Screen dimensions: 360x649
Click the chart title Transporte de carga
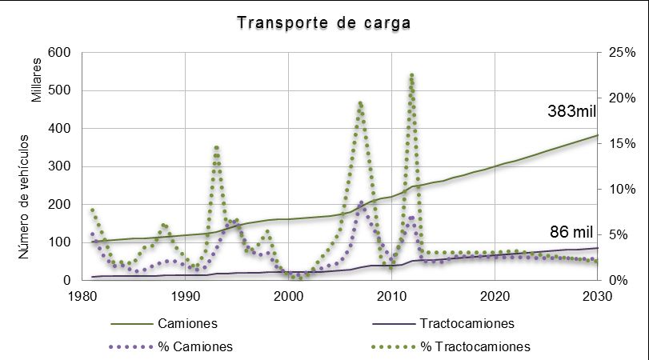pyautogui.click(x=324, y=22)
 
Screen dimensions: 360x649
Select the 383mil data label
pyautogui.click(x=572, y=111)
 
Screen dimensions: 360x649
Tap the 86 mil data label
pyautogui.click(x=571, y=233)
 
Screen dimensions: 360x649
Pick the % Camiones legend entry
pyautogui.click(x=194, y=346)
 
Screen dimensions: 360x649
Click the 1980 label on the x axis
pyautogui.click(x=82, y=295)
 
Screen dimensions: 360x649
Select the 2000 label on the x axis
pyautogui.click(x=288, y=295)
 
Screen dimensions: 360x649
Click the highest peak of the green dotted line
pyautogui.click(x=411, y=74)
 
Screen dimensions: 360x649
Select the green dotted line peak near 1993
pyautogui.click(x=216, y=147)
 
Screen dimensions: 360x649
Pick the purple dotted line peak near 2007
pyautogui.click(x=361, y=202)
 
